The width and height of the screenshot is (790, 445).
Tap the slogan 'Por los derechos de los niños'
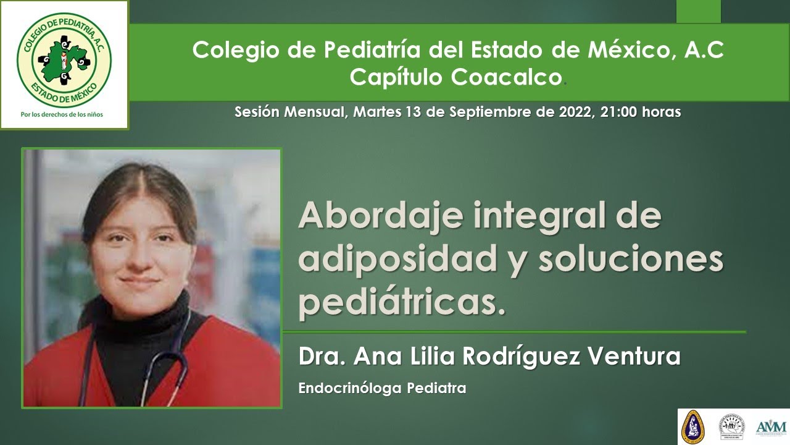click(x=64, y=114)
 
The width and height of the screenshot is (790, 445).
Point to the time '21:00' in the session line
click(x=617, y=112)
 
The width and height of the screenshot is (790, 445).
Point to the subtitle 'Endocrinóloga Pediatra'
click(x=381, y=389)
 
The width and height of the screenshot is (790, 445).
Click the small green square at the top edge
click(x=698, y=11)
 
